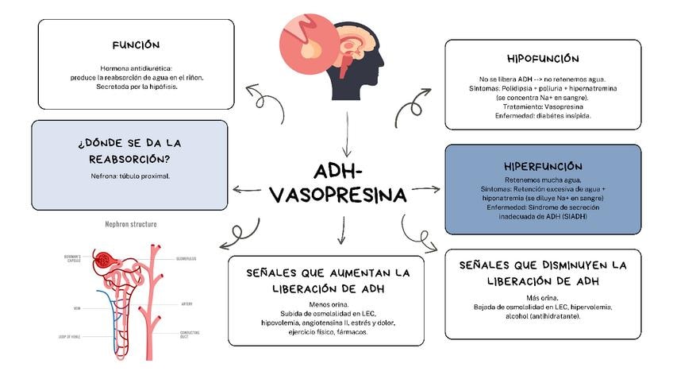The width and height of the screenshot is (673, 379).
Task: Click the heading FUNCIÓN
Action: [x=136, y=45]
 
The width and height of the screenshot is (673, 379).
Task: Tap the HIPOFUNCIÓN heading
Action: [x=543, y=59]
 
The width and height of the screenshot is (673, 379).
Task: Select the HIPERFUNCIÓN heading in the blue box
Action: [x=543, y=166]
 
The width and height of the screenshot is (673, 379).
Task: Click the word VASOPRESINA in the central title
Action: [x=338, y=195]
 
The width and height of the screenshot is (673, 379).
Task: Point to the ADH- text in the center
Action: [x=338, y=172]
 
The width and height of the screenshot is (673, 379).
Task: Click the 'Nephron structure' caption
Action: [x=131, y=225]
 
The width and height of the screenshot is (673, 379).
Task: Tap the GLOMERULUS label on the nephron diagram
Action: [x=187, y=258]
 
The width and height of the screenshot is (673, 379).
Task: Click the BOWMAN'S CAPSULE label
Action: [x=75, y=260]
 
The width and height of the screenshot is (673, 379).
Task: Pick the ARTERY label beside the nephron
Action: [x=186, y=304]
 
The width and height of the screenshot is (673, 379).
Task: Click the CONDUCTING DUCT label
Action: [x=190, y=334]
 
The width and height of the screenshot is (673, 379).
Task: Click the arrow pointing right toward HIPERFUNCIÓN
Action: [x=425, y=189]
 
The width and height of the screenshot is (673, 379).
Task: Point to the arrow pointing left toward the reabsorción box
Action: [x=246, y=189]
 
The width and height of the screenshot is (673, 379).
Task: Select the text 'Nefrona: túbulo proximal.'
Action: [x=130, y=175]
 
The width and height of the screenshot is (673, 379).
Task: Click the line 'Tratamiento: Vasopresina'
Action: [x=543, y=106]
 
